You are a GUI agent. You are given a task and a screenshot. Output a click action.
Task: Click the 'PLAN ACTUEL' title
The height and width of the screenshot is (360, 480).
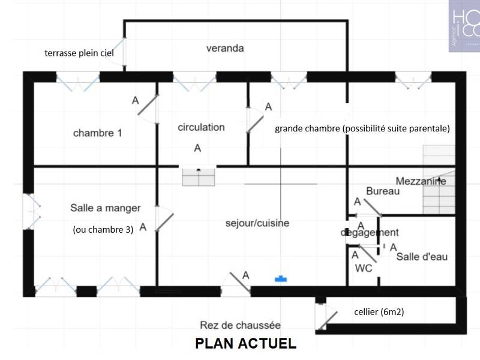click(x=245, y=344)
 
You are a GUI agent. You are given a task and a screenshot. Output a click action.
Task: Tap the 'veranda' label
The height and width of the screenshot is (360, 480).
click(x=224, y=49)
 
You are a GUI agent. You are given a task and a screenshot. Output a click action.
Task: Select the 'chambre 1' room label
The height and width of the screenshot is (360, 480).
click(x=97, y=133)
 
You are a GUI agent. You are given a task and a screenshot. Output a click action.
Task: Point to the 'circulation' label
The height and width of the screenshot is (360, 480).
click(x=201, y=127)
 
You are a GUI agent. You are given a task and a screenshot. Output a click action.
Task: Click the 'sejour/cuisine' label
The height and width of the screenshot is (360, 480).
click(x=257, y=223)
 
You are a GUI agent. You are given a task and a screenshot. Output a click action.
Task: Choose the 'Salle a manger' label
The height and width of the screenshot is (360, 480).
click(x=105, y=208)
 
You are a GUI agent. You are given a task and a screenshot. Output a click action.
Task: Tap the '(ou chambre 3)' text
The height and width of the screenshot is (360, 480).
click(x=103, y=229)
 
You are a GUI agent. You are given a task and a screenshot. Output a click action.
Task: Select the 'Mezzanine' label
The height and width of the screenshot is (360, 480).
click(x=421, y=181)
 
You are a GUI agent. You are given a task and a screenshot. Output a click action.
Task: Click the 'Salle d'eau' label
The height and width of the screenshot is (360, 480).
click(x=422, y=257)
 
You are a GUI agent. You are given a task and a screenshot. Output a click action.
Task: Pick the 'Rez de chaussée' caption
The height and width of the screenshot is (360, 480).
click(x=240, y=326)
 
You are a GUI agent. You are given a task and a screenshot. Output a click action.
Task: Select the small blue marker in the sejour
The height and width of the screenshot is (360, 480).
click(x=279, y=278)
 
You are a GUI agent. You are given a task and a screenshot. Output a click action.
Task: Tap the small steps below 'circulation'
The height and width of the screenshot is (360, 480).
click(x=198, y=177)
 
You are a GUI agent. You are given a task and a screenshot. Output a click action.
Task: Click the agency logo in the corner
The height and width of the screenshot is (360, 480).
click(x=464, y=26)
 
